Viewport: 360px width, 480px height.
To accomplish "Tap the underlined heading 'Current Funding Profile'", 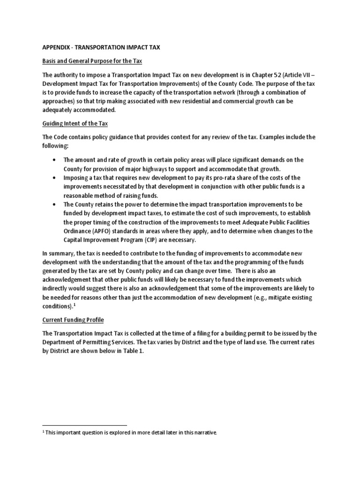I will click(x=73, y=320).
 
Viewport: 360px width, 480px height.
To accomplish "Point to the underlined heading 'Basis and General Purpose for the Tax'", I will click(x=92, y=61).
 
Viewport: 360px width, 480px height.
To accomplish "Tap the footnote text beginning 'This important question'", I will click(x=131, y=432).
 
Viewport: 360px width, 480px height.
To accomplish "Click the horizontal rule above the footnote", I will click(x=84, y=425).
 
